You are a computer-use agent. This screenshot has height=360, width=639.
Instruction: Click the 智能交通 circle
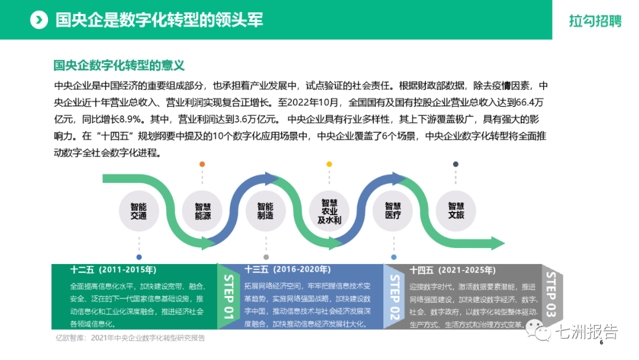[138, 211]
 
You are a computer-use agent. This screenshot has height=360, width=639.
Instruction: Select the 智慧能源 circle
[203, 211]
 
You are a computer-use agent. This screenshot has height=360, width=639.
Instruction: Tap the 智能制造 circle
[265, 211]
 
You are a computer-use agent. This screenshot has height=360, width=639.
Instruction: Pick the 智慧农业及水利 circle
[329, 211]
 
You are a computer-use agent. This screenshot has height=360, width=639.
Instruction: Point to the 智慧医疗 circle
[393, 211]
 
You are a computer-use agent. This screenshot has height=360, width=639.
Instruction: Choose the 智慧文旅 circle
[456, 211]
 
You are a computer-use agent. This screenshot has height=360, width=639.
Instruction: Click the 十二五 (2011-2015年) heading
[113, 270]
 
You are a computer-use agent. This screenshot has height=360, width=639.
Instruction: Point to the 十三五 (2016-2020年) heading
[288, 270]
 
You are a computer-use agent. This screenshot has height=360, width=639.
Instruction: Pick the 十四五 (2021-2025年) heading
[453, 270]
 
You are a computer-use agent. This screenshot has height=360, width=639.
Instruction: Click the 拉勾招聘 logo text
[595, 21]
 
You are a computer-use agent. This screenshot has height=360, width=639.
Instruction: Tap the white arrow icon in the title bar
[38, 20]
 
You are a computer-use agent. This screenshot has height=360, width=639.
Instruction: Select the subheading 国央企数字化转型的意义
[120, 65]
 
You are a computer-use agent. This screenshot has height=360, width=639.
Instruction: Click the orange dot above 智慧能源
[202, 164]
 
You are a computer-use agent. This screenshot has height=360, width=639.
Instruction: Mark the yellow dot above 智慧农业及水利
[329, 164]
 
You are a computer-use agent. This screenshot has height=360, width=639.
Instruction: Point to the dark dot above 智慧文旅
[456, 164]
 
